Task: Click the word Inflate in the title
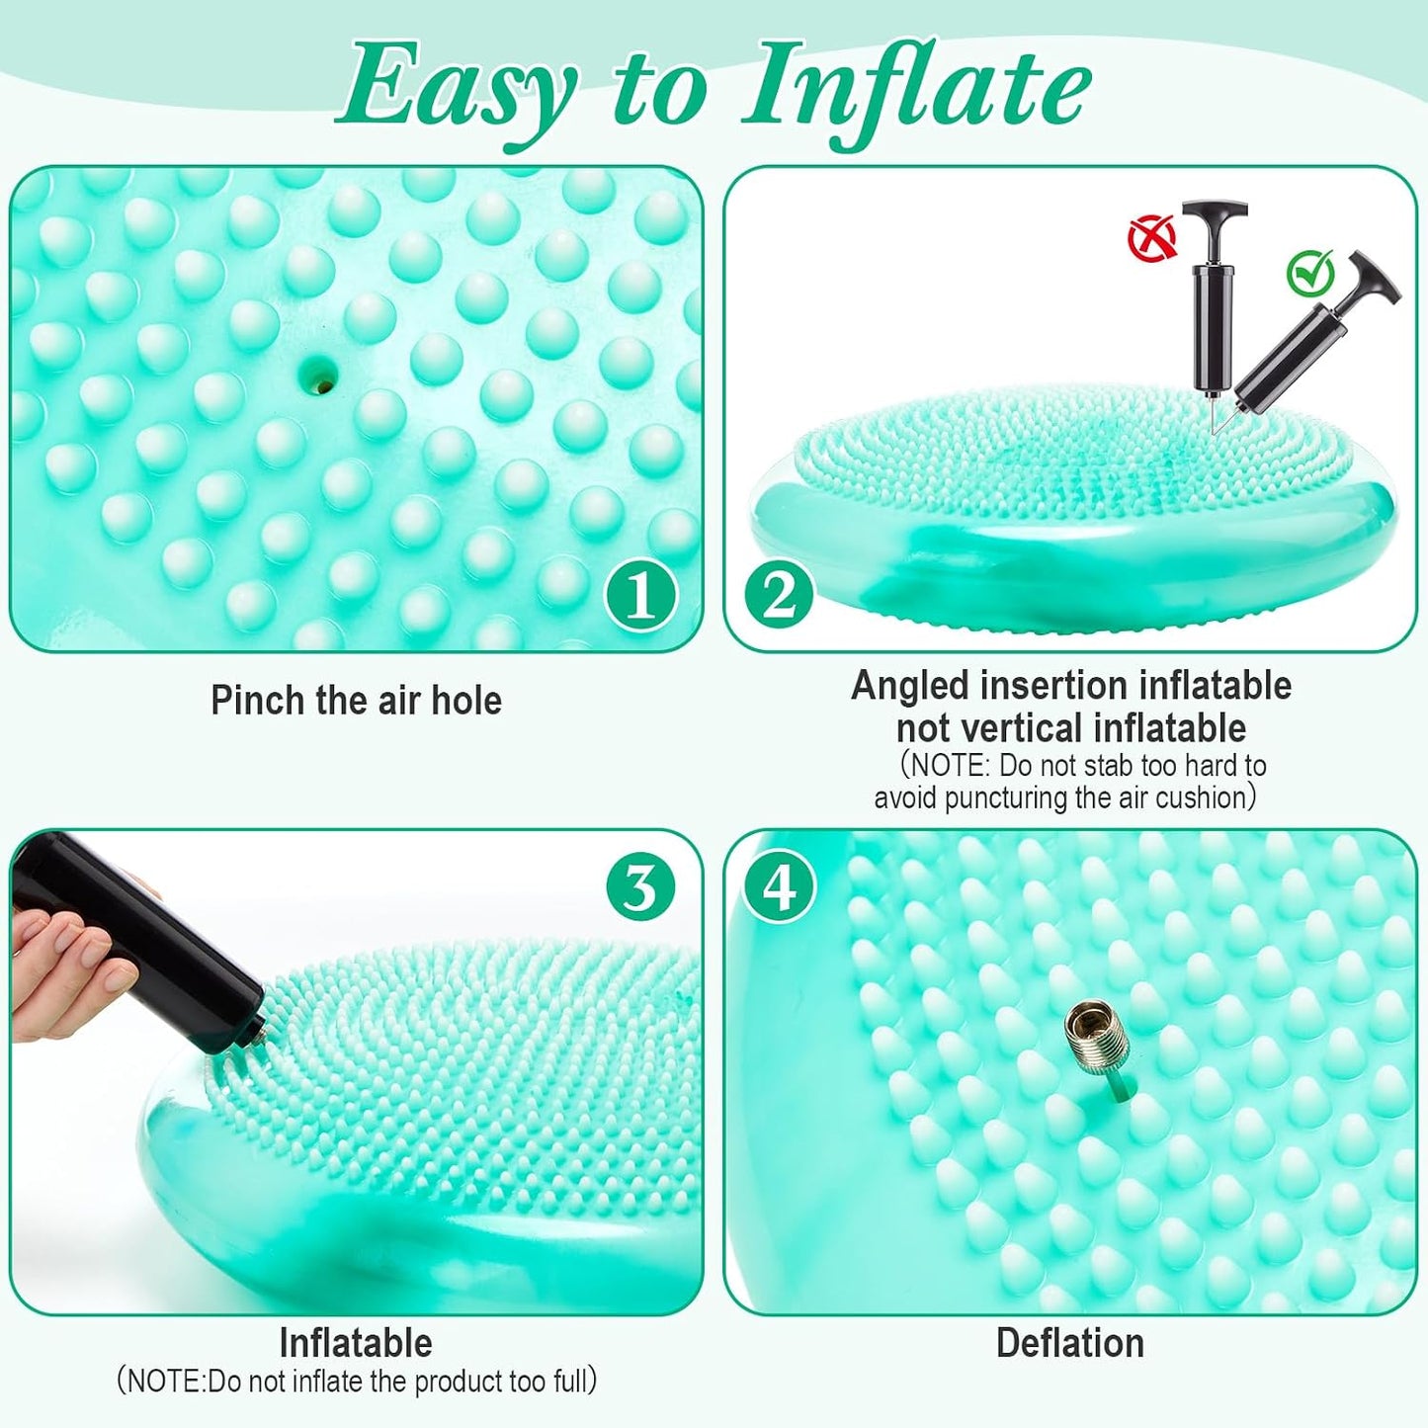916,92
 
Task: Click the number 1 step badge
641,596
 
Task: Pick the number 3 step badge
640,887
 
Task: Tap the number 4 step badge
779,886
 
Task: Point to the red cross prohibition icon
1152,237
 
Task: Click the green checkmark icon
1310,274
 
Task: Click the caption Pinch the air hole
357,701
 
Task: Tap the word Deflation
1070,1343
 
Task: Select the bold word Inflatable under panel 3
356,1343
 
